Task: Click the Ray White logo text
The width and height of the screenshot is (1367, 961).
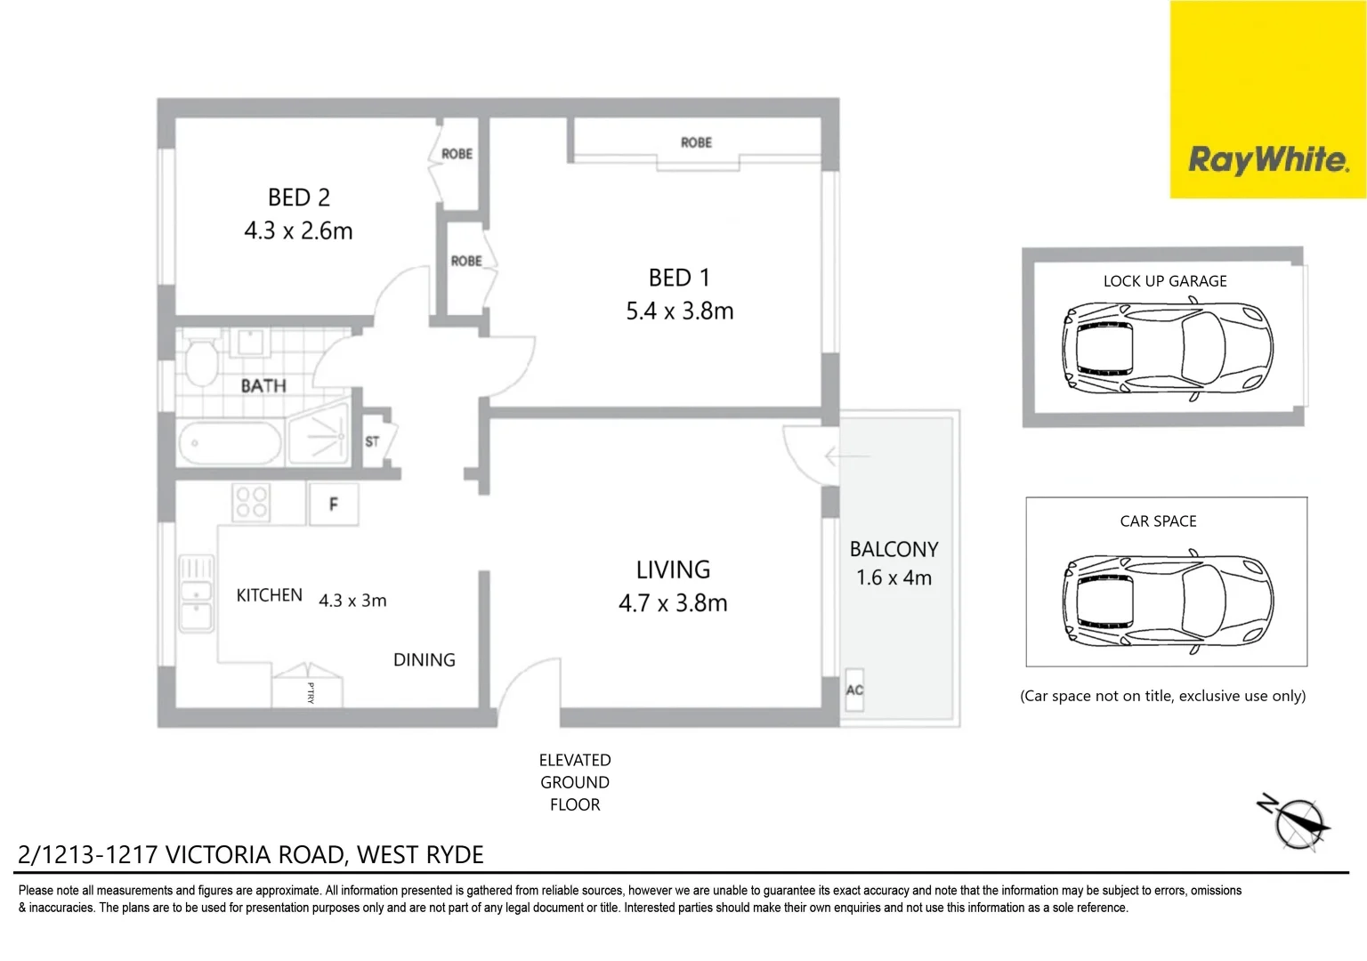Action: [x=1267, y=160]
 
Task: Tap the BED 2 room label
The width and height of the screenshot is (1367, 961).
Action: [x=299, y=198]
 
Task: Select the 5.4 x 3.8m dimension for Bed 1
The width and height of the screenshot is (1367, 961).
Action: [x=679, y=311]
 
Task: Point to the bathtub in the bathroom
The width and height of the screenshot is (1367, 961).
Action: [x=230, y=442]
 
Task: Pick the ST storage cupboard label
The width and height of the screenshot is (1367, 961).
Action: [x=372, y=441]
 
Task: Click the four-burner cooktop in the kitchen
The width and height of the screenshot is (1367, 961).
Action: [x=251, y=502]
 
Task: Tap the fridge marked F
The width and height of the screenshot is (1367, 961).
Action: [x=334, y=505]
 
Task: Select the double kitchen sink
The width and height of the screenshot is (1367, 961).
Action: [x=196, y=594]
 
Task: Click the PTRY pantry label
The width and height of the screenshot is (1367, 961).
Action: [x=310, y=692]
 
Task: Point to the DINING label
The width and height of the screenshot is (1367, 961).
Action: [x=424, y=660]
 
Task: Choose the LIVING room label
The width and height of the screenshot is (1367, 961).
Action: [x=673, y=569]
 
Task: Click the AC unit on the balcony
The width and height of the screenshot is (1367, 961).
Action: [x=854, y=690]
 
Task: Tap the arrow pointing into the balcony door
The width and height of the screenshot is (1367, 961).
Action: [x=846, y=456]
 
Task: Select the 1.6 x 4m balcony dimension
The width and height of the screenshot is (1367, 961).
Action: [x=894, y=578]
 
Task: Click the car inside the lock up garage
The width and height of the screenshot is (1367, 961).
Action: [x=1166, y=351]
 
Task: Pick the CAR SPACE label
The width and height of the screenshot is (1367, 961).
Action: [x=1158, y=521]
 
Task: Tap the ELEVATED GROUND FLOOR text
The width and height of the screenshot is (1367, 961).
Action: [x=575, y=782]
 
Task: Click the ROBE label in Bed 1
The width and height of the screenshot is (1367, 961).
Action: [x=696, y=142]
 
